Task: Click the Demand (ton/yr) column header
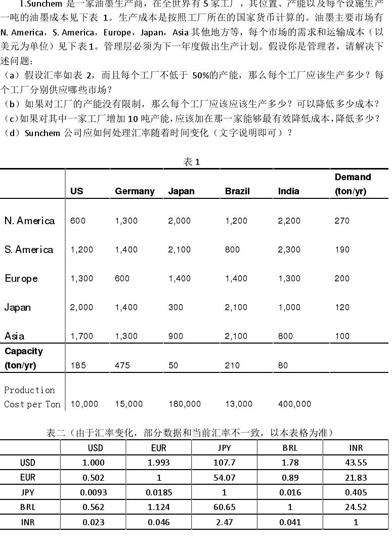click(x=353, y=184)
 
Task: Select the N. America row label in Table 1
click(x=29, y=221)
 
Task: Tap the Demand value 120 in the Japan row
click(x=342, y=307)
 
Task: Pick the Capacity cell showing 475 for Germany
click(x=122, y=365)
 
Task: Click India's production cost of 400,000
click(x=294, y=404)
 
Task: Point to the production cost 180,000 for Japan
click(x=184, y=404)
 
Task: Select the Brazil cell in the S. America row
click(x=232, y=249)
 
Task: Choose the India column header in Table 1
click(x=288, y=191)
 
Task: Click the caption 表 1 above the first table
click(x=192, y=162)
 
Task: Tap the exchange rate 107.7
click(x=224, y=462)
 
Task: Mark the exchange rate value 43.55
click(x=356, y=462)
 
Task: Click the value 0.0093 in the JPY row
click(x=93, y=492)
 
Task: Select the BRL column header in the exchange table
click(x=290, y=448)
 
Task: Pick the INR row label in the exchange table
click(x=28, y=522)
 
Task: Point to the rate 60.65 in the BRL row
click(x=224, y=507)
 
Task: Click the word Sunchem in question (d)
click(x=43, y=133)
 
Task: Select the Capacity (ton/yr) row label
click(x=24, y=358)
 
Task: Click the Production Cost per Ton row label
click(x=32, y=397)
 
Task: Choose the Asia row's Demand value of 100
click(x=342, y=336)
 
